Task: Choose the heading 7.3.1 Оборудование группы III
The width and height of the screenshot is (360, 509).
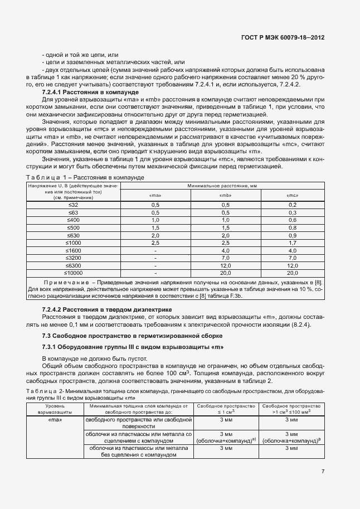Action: [133, 347]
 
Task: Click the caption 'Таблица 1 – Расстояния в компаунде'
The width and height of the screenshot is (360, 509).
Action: [85, 177]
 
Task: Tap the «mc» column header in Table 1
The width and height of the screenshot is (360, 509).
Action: [293, 196]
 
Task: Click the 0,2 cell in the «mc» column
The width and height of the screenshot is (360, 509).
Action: [293, 206]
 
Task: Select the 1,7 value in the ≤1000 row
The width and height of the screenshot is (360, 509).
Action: [293, 243]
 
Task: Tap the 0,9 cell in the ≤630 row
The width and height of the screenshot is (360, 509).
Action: [293, 236]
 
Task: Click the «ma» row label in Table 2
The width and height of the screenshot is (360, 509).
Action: [55, 420]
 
